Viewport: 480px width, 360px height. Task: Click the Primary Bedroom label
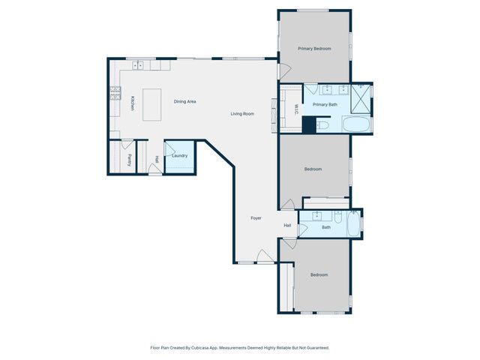click(314, 49)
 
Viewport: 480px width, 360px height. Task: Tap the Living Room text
click(242, 114)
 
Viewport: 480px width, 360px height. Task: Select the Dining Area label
click(184, 101)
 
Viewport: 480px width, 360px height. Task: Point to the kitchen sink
click(138, 66)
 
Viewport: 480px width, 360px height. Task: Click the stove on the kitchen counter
click(115, 94)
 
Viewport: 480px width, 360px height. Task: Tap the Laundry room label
click(179, 156)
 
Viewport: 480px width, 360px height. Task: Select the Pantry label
click(129, 159)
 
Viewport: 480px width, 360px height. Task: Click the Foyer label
click(256, 218)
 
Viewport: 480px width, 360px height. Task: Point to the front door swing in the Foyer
click(265, 256)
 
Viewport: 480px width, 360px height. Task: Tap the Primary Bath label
click(325, 105)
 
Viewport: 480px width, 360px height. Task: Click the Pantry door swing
click(127, 143)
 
